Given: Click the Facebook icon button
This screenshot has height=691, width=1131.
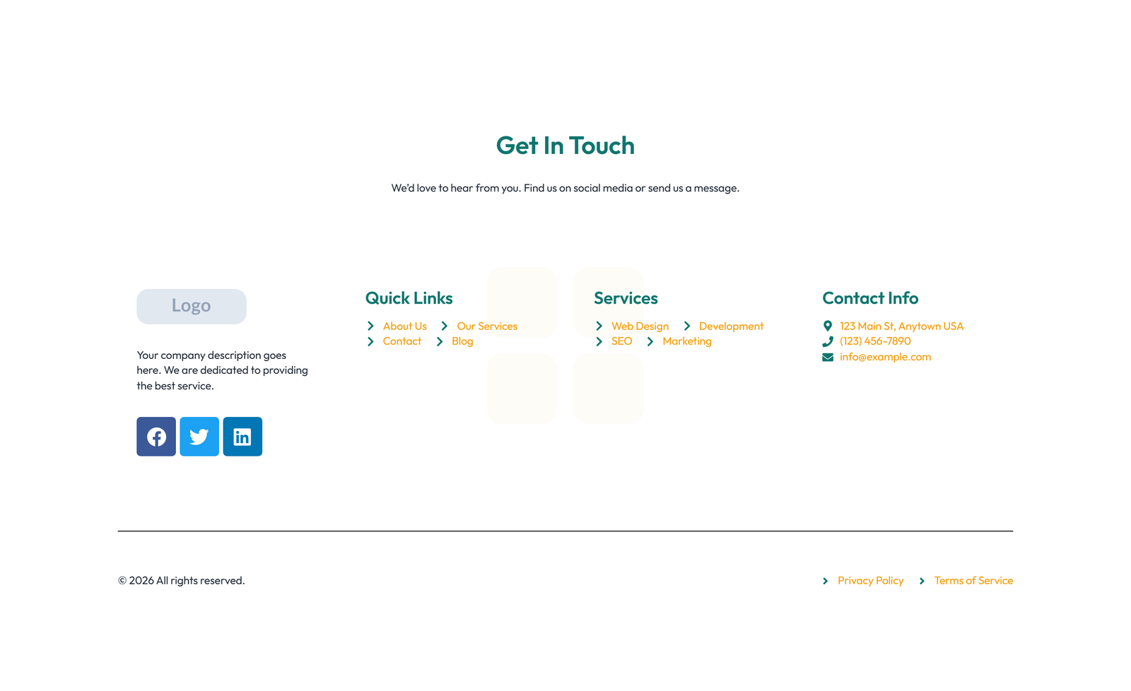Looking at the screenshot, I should pos(156,437).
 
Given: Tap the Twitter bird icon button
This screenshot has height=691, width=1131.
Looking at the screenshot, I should pos(199,437).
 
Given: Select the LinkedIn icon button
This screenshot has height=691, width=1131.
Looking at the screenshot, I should pos(242,437).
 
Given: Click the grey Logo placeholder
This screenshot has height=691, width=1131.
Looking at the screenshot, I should pos(192,307).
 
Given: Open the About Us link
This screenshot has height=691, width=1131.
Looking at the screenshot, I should pos(404,326).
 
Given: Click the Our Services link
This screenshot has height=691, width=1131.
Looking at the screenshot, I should pos(487,326).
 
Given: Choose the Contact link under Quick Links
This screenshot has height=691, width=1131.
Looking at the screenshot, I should pos(402,341).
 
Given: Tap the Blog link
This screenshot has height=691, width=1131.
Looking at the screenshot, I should pos(462,341).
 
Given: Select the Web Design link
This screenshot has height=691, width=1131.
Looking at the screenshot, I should pos(640,326).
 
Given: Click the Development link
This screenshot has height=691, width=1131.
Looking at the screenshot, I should pos(731,326).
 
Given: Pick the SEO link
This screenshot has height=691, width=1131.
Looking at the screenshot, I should pos(621,341).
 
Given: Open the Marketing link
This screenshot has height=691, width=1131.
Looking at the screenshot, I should pos(686,341).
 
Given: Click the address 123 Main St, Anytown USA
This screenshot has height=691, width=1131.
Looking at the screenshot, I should pos(901,326).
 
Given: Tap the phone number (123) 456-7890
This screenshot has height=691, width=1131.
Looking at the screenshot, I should pos(875,341).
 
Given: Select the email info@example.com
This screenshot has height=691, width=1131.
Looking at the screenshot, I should pos(885,357).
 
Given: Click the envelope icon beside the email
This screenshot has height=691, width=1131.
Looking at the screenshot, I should pos(828,358).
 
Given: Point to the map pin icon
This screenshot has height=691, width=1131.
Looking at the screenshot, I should pos(828,326).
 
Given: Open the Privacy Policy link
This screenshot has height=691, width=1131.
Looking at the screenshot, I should pos(870,581).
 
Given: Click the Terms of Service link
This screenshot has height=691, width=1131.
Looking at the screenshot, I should pos(973,581).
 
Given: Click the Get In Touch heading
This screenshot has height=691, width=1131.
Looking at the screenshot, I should pos(565,146).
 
